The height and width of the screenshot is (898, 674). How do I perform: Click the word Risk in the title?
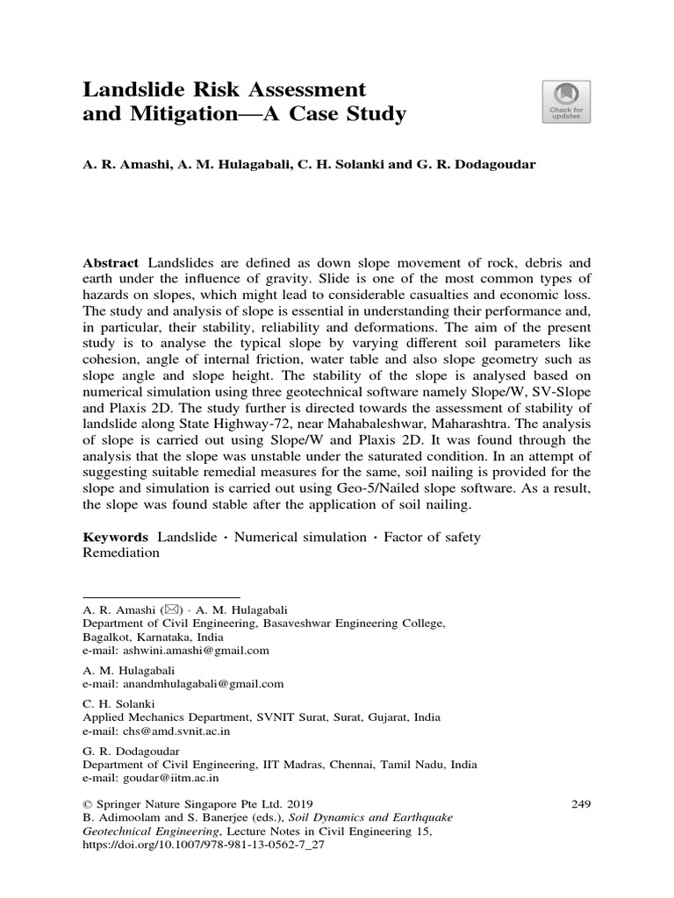[x=220, y=89]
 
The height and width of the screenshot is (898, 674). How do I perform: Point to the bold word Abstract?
[x=111, y=263]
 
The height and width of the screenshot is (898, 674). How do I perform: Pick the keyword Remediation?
[x=121, y=553]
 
